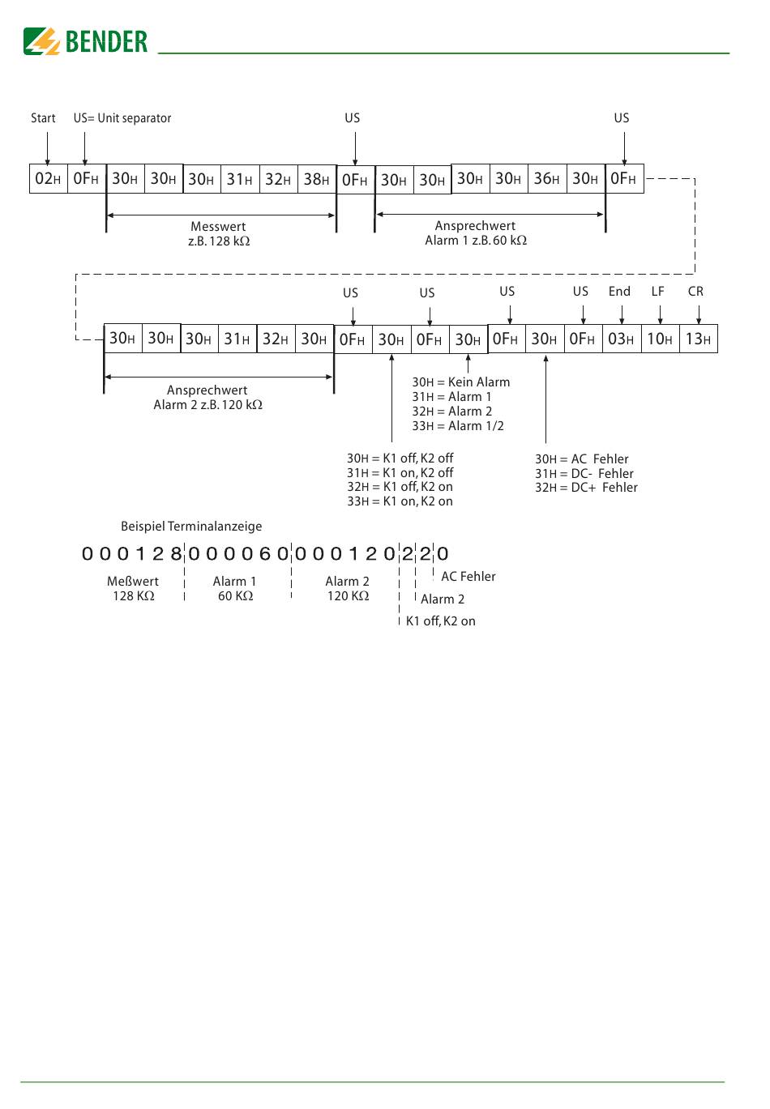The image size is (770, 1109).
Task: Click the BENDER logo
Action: [86, 41]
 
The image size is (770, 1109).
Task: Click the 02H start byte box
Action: [48, 179]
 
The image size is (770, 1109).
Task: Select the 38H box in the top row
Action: [316, 179]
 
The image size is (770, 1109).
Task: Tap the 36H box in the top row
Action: [546, 179]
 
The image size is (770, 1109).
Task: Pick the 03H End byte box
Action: [621, 339]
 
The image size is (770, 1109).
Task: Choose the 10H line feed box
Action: [659, 339]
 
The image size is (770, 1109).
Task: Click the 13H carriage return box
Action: [698, 339]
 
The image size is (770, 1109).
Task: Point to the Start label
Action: [43, 118]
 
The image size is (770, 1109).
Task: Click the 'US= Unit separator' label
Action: [122, 118]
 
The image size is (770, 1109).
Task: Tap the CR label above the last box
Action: [695, 292]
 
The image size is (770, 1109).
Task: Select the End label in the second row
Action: [619, 292]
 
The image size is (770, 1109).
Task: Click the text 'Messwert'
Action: [218, 227]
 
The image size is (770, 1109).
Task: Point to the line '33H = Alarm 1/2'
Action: [458, 426]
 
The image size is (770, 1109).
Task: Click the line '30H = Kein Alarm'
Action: [461, 382]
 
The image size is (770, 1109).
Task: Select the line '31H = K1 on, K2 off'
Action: [400, 473]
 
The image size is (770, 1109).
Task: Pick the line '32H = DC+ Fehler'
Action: [586, 488]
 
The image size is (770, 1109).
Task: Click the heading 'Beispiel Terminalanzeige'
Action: [191, 527]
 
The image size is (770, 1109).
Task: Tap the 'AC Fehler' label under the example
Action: [468, 577]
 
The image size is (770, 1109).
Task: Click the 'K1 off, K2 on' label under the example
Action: [441, 621]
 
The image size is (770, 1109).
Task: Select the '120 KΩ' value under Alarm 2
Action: [348, 596]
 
